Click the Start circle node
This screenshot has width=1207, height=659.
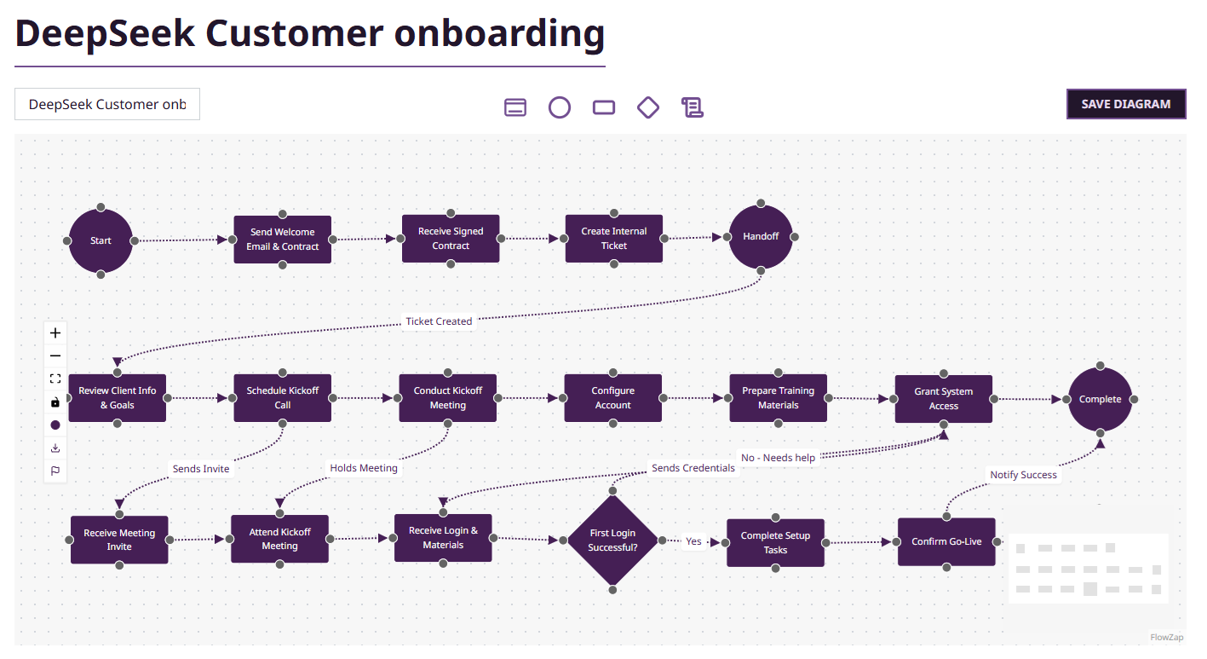(101, 240)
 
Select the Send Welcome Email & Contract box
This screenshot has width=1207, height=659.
(282, 240)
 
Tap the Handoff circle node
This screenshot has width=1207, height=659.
(761, 236)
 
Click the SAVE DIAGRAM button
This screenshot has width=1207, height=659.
(1125, 104)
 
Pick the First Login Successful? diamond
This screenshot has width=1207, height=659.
(612, 540)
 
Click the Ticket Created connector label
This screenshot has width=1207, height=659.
(439, 321)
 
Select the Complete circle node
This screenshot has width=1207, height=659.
(1100, 399)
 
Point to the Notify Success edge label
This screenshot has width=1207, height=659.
(1023, 475)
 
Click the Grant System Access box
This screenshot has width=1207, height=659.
(943, 399)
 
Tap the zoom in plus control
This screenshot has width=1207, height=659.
(55, 333)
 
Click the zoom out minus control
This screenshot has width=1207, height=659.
(55, 356)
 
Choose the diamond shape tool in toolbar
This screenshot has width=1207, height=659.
(648, 107)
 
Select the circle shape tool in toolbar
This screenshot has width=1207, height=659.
(559, 107)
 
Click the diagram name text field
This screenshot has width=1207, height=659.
(107, 104)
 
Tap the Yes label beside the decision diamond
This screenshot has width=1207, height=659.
(693, 541)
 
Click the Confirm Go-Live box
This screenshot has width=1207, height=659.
(946, 541)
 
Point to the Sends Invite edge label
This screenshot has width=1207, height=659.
(201, 469)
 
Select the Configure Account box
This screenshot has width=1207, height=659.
(612, 398)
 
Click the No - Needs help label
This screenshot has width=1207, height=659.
(778, 458)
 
